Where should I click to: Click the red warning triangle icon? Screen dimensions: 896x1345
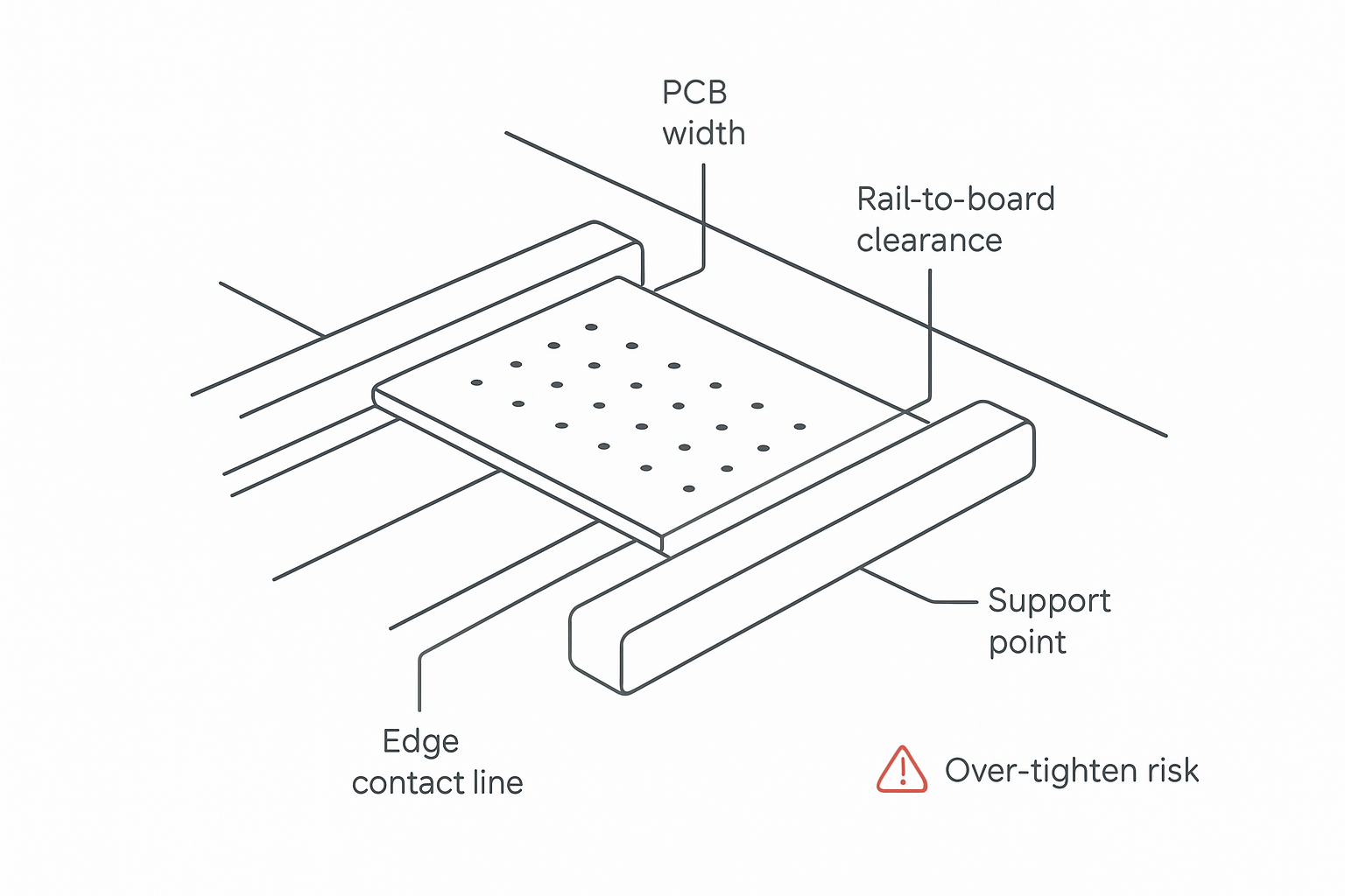(901, 770)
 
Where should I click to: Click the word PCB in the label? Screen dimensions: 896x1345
(694, 93)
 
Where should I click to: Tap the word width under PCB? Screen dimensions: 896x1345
(704, 134)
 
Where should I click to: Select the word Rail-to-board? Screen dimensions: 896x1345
(955, 199)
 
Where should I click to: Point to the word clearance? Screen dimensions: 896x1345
(929, 241)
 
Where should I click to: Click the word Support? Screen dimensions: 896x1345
(1049, 601)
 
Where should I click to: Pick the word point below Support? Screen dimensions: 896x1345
(1027, 643)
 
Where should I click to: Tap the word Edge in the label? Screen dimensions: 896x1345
(420, 742)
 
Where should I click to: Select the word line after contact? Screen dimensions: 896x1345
(497, 782)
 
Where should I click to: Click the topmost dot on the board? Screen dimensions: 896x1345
(591, 327)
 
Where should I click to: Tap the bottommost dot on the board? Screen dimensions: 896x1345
(689, 488)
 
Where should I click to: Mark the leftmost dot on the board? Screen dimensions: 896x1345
(476, 382)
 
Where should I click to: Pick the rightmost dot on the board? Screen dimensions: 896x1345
(799, 426)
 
